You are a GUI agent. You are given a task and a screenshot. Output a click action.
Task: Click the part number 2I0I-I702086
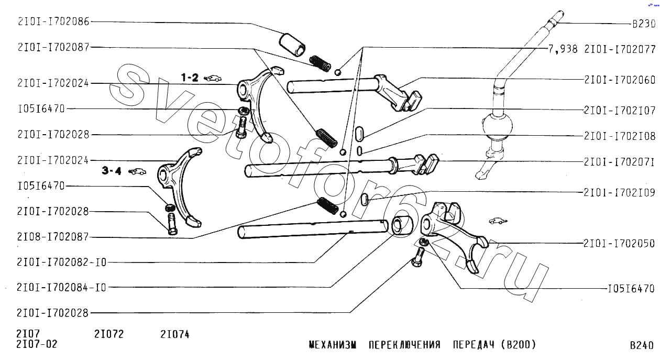tap(53, 21)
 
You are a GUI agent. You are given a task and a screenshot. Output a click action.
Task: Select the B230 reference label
tap(644, 24)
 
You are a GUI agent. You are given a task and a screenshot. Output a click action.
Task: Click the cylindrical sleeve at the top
tap(292, 45)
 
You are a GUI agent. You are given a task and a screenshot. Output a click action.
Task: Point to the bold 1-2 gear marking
tap(190, 78)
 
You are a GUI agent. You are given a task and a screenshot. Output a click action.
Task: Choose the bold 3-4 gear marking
tap(112, 171)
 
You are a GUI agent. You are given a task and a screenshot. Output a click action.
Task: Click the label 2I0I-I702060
tap(620, 80)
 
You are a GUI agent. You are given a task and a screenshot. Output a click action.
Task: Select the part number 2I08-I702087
tap(53, 236)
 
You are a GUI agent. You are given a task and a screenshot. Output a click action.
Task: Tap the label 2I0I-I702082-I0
tap(62, 262)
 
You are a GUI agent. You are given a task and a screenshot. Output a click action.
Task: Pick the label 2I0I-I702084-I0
tap(62, 287)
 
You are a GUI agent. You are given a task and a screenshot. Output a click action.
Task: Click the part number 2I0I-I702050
tap(619, 243)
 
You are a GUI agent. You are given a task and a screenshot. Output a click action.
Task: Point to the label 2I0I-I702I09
tap(619, 192)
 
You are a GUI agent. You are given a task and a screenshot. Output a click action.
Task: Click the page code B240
tap(642, 345)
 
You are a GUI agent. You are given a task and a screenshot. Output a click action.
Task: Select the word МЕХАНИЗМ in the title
tap(333, 344)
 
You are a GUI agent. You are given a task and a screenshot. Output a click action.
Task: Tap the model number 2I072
tap(109, 334)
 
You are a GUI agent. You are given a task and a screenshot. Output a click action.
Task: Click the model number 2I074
tap(175, 334)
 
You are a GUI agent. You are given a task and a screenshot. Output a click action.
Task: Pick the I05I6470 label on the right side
tap(631, 288)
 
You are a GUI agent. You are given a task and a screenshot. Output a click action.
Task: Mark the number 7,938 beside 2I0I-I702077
tap(563, 49)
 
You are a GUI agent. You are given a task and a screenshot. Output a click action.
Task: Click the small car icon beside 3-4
tap(137, 171)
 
